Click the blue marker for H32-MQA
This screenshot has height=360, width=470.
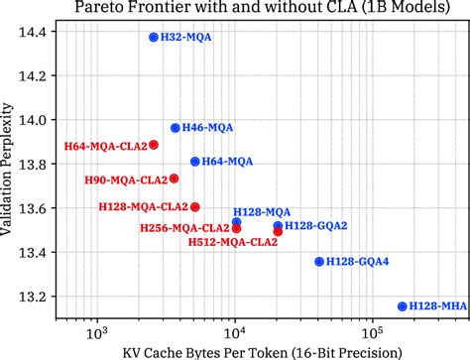154,37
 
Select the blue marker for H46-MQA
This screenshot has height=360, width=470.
176,128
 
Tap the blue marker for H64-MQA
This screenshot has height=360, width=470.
195,161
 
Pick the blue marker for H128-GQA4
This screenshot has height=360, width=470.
319,261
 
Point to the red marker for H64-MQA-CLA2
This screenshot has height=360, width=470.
154,145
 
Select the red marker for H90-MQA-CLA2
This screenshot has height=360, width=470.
175,179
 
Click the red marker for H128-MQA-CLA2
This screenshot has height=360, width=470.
195,207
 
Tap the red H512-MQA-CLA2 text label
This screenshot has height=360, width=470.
233,241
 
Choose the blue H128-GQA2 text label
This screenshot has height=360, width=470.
316,226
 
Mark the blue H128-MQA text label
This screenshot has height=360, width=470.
262,212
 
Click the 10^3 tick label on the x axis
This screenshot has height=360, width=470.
97,334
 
